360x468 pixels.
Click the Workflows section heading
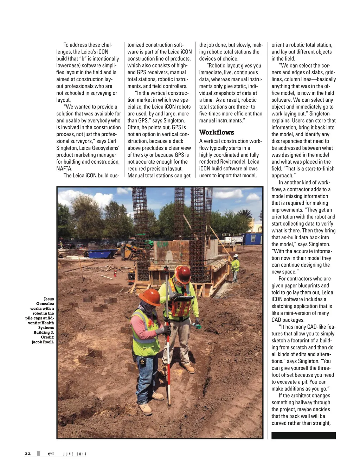(x=217, y=132)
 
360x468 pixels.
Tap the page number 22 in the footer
(x=28, y=454)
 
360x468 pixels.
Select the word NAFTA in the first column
(x=64, y=169)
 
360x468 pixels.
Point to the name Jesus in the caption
(x=49, y=299)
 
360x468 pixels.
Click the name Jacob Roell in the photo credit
(x=43, y=342)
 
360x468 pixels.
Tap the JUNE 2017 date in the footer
(x=75, y=454)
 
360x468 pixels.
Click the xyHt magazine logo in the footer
(x=51, y=454)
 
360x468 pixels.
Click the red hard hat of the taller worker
(x=182, y=274)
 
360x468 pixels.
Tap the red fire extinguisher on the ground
(x=115, y=273)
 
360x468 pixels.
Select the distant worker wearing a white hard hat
(x=235, y=267)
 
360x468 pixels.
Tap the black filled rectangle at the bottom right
(x=303, y=435)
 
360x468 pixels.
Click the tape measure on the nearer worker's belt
(x=142, y=361)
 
